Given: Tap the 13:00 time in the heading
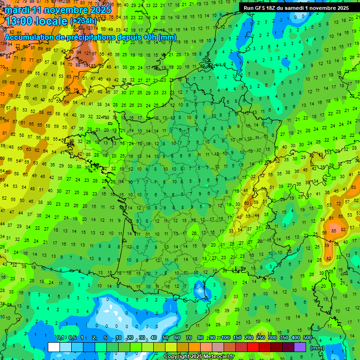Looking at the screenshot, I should coord(19,21).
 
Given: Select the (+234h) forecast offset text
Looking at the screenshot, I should coord(83,21).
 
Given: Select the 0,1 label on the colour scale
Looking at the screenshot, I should coord(60,338).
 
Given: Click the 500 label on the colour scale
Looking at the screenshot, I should coord(307,338).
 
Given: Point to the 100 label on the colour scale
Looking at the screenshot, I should coord(226,338).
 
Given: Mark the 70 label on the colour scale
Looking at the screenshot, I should coord(189,338).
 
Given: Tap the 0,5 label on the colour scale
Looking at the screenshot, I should coord(72,338).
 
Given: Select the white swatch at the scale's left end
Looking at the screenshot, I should coord(54,347).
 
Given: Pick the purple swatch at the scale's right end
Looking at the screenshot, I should coord(300,347).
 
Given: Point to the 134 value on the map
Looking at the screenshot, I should coord(4,44).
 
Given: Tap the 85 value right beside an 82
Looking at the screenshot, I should coord(333,231).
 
